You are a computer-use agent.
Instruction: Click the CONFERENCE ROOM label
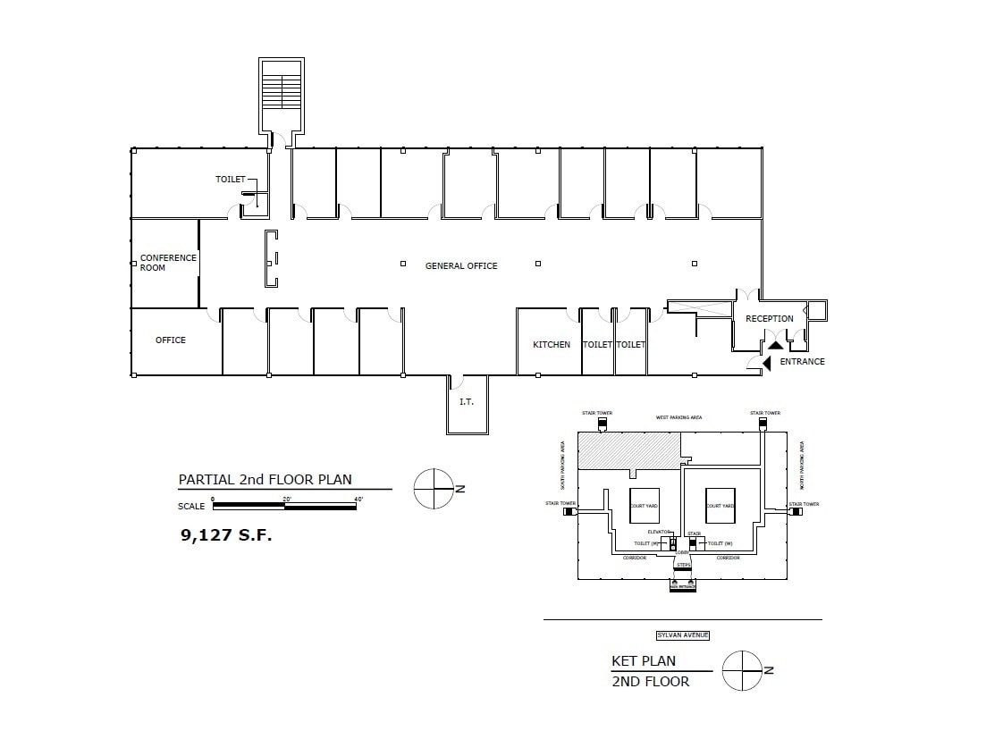pyautogui.click(x=167, y=263)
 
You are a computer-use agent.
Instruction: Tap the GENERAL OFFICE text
pyautogui.click(x=461, y=266)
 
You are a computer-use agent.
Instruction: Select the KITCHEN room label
pyautogui.click(x=552, y=345)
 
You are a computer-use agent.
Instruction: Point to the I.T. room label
pyautogui.click(x=467, y=402)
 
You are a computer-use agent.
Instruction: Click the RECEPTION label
pyautogui.click(x=770, y=319)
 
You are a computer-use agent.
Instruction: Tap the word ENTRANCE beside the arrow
pyautogui.click(x=802, y=362)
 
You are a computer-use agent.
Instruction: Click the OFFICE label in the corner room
pyautogui.click(x=171, y=340)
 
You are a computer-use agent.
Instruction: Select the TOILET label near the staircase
pyautogui.click(x=230, y=180)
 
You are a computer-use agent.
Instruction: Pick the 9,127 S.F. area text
pyautogui.click(x=226, y=535)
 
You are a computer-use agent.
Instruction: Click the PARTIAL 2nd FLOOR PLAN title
pyautogui.click(x=265, y=480)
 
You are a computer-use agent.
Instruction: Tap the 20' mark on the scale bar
pyautogui.click(x=285, y=499)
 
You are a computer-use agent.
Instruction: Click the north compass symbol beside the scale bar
pyautogui.click(x=434, y=489)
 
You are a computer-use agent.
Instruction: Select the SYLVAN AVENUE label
pyautogui.click(x=682, y=635)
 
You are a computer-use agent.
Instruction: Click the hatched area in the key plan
pyautogui.click(x=628, y=450)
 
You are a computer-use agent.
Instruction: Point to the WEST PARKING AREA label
pyautogui.click(x=679, y=417)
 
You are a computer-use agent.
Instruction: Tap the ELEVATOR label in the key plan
pyautogui.click(x=660, y=533)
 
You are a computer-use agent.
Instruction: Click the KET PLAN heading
pyautogui.click(x=643, y=662)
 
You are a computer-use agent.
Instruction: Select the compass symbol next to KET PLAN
pyautogui.click(x=742, y=670)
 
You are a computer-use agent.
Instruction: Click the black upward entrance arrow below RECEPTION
pyautogui.click(x=776, y=342)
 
